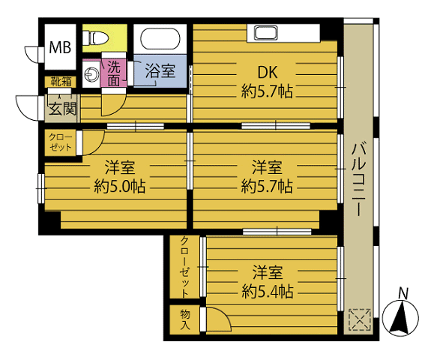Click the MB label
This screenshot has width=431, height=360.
pos(60,48)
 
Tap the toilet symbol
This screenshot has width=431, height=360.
pos(97,37)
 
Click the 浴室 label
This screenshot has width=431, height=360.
pos(160,72)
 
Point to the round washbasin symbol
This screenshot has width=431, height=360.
pos(92,73)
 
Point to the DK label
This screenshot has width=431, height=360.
pos(268,73)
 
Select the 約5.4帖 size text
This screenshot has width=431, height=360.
pos(267,291)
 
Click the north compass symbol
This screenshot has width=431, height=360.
pos(401,319)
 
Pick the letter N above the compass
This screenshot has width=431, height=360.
pos(403,292)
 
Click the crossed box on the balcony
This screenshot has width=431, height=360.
pos(358,320)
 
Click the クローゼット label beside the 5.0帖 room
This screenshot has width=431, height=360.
pos(60,142)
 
